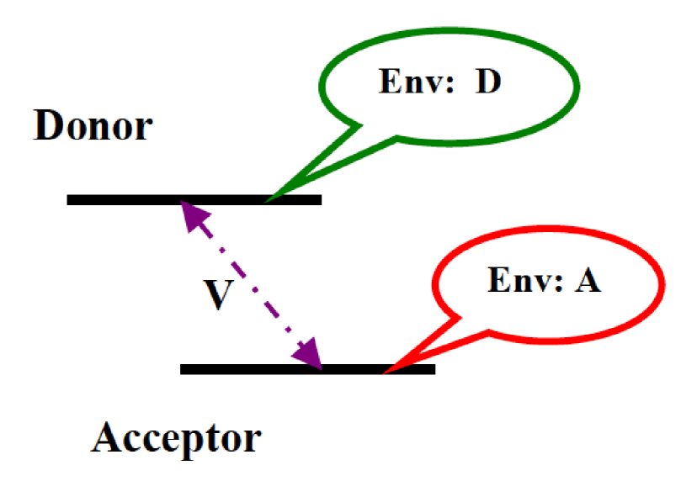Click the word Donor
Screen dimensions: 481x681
tap(93, 127)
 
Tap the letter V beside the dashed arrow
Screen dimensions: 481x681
tap(217, 296)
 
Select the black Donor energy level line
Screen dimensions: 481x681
tap(126, 200)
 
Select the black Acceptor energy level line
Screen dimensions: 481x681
tap(253, 368)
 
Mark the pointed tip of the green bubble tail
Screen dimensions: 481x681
tap(267, 201)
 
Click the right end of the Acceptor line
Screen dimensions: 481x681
tap(433, 368)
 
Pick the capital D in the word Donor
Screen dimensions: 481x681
tap(47, 127)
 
